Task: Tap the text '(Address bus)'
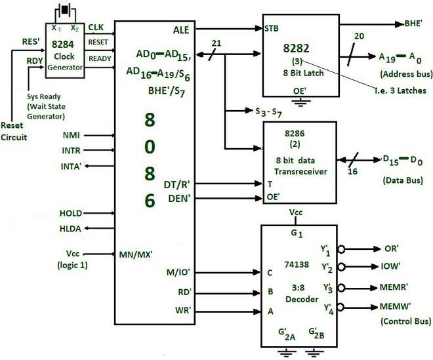(x=401, y=75)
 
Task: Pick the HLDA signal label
(x=70, y=228)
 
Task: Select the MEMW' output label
(x=396, y=307)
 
